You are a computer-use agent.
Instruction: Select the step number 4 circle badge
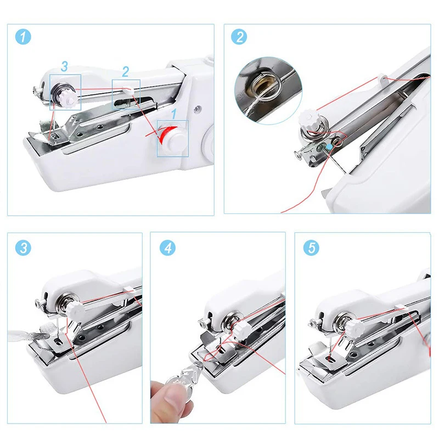pyautogui.click(x=167, y=248)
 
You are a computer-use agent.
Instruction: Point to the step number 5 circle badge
pyautogui.click(x=312, y=248)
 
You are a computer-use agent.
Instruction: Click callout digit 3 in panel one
pyautogui.click(x=64, y=67)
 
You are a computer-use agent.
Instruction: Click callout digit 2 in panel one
pyautogui.click(x=125, y=71)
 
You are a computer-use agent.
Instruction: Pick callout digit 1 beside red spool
pyautogui.click(x=174, y=114)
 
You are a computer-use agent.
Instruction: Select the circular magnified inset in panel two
pyautogui.click(x=268, y=85)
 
